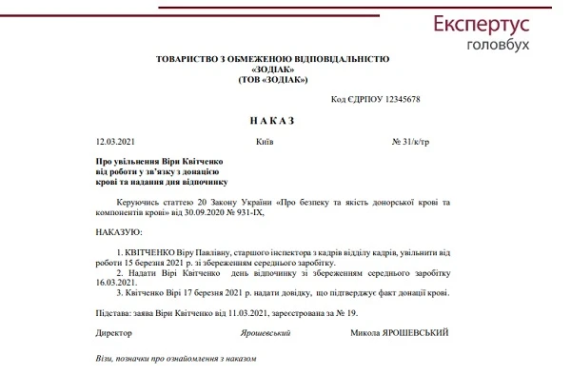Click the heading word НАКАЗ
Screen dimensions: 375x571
tap(273, 121)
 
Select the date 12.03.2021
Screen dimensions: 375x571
tap(115, 142)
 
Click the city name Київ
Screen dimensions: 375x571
tap(266, 142)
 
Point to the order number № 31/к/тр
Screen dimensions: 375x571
tap(409, 142)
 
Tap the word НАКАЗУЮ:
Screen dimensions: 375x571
tap(118, 230)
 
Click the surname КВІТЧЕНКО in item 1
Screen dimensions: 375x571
tap(144, 251)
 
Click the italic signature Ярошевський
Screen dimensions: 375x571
tap(266, 333)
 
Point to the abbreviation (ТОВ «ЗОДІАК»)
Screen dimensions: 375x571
tap(273, 79)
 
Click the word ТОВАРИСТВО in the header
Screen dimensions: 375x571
tap(190, 59)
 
